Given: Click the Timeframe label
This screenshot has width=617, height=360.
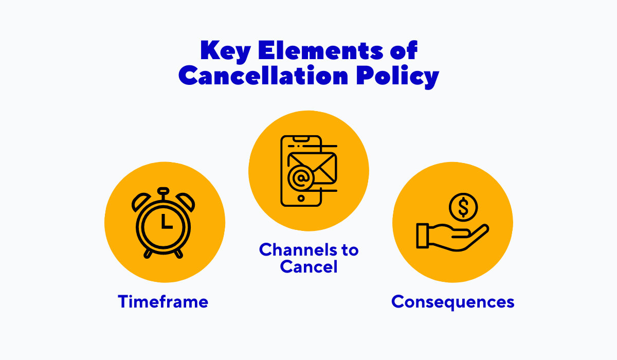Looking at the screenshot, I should coord(163,301).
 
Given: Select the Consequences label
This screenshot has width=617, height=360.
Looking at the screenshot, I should coord(452,301).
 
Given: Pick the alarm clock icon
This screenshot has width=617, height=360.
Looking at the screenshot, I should coord(164,222).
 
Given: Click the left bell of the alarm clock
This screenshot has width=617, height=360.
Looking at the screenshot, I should coord(140,202).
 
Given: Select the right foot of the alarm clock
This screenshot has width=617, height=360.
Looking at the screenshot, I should coord(178,254).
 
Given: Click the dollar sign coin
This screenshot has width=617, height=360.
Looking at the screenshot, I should coord(463,208).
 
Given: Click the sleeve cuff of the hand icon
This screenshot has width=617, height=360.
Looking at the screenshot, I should coord(423,235).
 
